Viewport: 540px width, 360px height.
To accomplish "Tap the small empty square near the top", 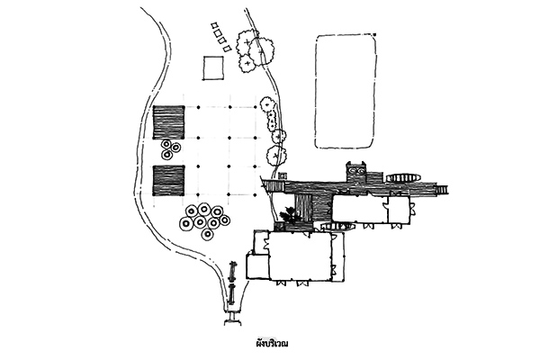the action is point(213,68).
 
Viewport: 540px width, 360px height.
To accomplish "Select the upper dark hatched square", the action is point(169,122).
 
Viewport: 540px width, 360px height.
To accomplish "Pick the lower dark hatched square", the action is point(169,181).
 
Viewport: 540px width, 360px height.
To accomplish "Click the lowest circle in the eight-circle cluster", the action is point(208,234).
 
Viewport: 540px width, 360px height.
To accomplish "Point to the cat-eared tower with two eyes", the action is point(357,172).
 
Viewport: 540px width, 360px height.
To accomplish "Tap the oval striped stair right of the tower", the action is point(403,178).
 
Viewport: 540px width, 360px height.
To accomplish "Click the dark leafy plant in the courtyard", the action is point(289,216).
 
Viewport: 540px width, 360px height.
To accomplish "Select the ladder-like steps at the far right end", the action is point(442,189).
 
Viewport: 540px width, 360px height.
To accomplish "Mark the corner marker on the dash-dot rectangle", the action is point(374,34).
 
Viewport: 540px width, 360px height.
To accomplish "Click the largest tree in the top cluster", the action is point(262,51).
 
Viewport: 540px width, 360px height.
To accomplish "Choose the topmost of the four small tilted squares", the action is point(214,26).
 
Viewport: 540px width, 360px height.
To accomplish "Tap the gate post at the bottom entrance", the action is point(233,318).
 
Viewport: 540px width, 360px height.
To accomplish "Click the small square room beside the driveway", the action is point(257,266).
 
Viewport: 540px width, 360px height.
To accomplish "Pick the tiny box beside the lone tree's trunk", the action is point(283,175).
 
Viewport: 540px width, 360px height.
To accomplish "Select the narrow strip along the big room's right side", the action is point(337,256).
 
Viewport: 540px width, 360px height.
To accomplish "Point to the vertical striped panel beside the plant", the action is point(304,209).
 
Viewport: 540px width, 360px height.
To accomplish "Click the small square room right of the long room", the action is point(399,210).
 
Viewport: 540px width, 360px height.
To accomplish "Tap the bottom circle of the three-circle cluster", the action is point(167,156).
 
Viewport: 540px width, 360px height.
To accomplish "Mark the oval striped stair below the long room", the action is point(338,226).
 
